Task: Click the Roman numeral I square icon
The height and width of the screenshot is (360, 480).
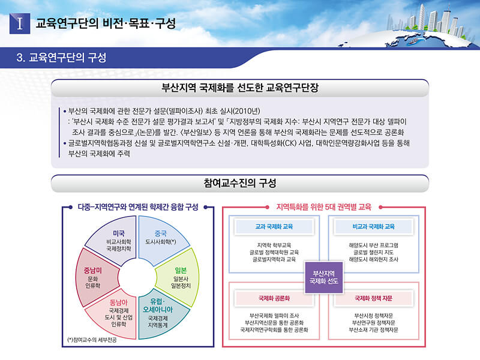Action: tap(20, 23)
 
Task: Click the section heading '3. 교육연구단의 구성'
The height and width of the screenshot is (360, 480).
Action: tap(61, 57)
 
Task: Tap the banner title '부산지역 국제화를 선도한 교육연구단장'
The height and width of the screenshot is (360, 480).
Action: tap(240, 88)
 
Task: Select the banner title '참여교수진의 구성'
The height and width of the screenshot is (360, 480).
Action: tap(240, 183)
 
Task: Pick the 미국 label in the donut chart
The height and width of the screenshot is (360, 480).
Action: tap(119, 233)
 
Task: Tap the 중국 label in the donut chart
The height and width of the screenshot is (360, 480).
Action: tap(161, 233)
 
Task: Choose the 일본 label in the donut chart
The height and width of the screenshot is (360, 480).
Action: tap(181, 271)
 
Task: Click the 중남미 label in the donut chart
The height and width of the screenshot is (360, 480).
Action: tap(93, 271)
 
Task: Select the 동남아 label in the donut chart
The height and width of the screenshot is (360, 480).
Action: tap(118, 302)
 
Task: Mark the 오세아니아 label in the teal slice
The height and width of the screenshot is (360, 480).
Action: tap(158, 310)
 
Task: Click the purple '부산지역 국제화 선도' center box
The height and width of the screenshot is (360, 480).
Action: tap(324, 277)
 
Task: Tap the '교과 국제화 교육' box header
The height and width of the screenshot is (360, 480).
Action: tap(274, 227)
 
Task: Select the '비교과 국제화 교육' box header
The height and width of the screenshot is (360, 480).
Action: tap(373, 227)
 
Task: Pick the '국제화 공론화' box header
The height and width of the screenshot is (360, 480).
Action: tap(274, 298)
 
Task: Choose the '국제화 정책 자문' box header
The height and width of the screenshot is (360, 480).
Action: tap(373, 298)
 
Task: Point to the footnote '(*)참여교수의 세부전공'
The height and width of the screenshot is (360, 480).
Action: tap(92, 340)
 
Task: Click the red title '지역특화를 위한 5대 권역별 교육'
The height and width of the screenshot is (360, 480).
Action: tap(324, 207)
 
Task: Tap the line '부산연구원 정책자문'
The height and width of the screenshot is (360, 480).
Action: tap(373, 323)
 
